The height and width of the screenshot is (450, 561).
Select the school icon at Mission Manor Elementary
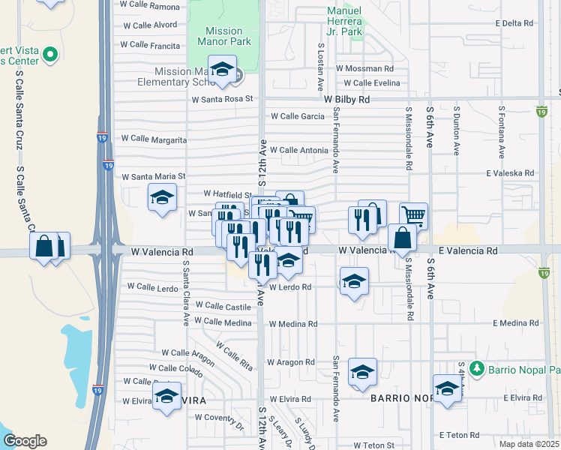pos(222,71)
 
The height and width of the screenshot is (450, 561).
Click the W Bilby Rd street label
pos(347,99)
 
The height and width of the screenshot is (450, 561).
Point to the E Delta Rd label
pos(514,23)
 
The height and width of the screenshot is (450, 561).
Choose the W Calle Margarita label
pos(154,139)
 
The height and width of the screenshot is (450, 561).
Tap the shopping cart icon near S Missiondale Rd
pos(413,216)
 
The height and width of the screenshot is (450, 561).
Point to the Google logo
pos(25,441)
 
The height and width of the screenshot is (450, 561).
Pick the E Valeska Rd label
pos(510,173)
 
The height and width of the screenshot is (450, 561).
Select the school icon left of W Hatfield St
pos(162,198)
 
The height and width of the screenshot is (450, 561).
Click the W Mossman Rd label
pos(364,68)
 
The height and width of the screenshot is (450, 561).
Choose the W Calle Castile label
pos(223,307)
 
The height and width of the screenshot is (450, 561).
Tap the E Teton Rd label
pos(459,435)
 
